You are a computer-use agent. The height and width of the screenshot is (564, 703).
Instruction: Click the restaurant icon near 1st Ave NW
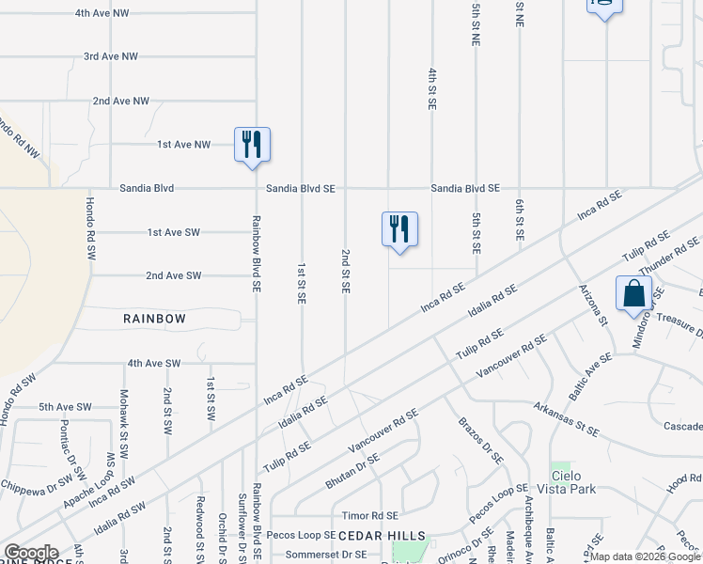(252, 145)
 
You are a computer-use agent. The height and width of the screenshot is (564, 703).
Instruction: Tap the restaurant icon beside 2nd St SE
(399, 229)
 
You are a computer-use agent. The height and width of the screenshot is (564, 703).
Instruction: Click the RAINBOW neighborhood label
(154, 319)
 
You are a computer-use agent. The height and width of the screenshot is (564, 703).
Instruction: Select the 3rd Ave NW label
(111, 56)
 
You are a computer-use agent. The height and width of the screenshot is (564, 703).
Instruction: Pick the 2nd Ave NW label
(120, 101)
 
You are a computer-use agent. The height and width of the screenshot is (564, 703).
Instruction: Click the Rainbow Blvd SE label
(255, 254)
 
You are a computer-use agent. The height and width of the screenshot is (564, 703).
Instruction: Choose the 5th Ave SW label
(65, 407)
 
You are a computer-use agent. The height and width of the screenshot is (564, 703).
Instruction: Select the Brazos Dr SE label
(481, 441)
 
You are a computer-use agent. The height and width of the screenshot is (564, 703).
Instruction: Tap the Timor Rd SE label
(369, 516)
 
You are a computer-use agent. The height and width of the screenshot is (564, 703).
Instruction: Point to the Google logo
(31, 553)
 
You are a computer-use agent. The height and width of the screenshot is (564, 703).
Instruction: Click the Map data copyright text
(645, 556)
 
